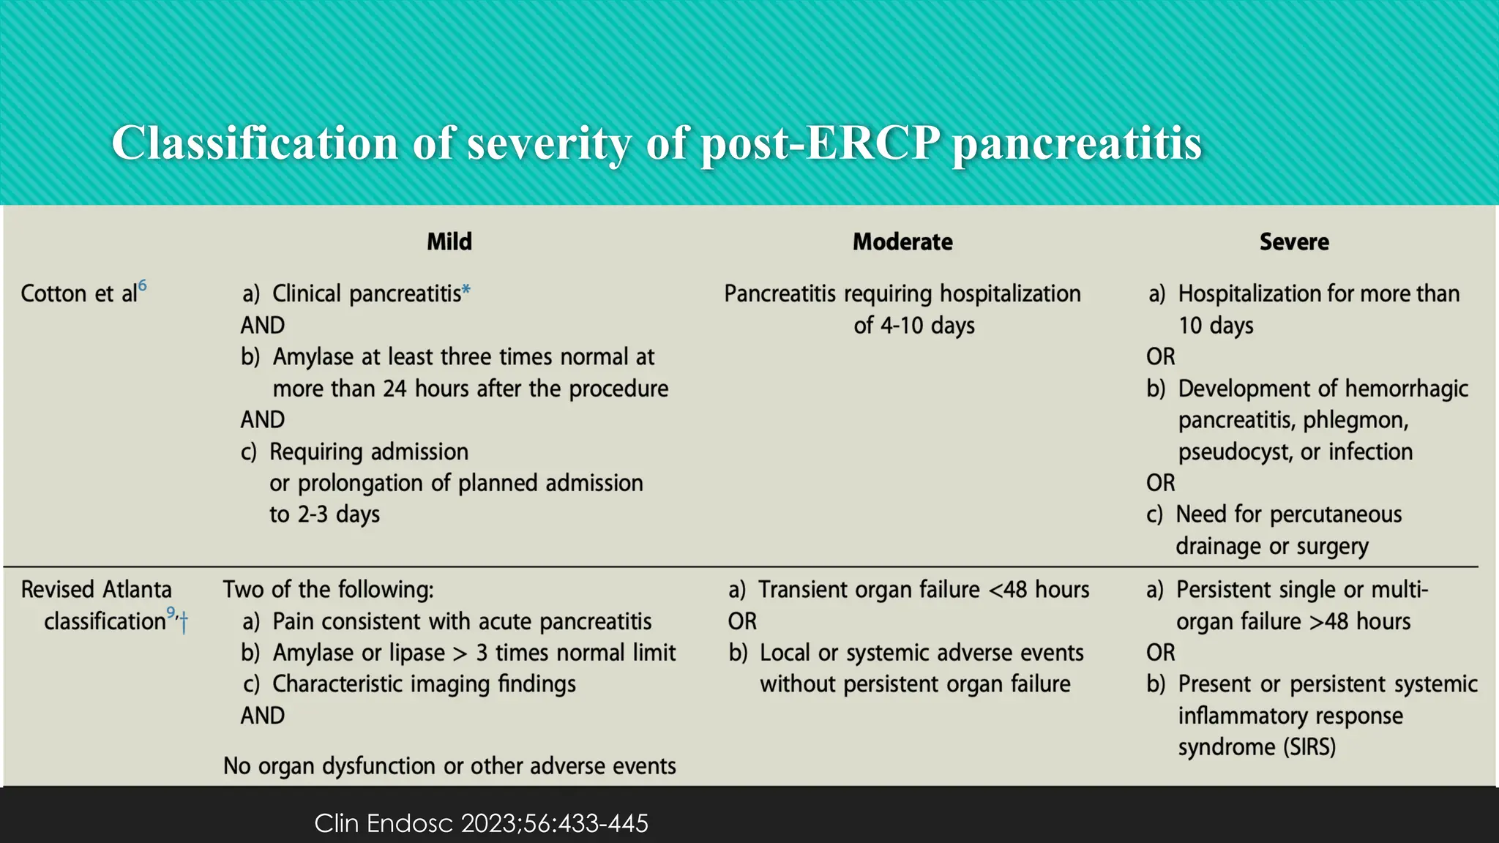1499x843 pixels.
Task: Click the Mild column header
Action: [x=449, y=241]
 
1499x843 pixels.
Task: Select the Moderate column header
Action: [x=902, y=241]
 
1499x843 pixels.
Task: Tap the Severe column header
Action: [x=1293, y=241]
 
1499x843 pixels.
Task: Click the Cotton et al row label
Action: [x=78, y=293]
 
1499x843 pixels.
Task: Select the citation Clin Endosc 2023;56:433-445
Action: [x=481, y=823]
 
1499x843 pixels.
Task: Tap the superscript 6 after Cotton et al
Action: [x=143, y=286]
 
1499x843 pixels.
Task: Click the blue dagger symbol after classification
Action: [x=184, y=623]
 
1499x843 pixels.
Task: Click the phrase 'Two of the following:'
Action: [x=328, y=590]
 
